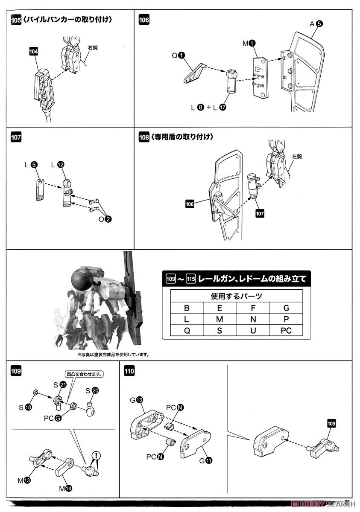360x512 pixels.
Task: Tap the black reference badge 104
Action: [x=34, y=51]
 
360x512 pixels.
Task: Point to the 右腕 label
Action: [x=92, y=47]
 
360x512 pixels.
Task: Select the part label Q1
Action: [x=178, y=55]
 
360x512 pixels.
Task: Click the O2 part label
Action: [x=105, y=219]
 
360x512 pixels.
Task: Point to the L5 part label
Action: [x=32, y=164]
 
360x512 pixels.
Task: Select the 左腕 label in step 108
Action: [x=297, y=157]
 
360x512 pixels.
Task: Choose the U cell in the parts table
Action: [x=253, y=330]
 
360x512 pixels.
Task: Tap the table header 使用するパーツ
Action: [x=236, y=296]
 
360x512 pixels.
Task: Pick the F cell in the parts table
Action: [x=253, y=308]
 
